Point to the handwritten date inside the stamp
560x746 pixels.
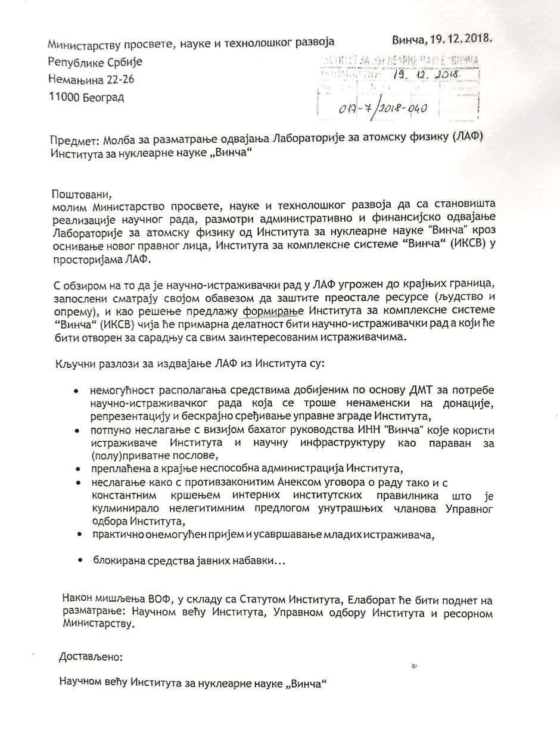424,76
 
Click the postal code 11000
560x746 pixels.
69,98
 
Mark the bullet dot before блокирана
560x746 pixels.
80,561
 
